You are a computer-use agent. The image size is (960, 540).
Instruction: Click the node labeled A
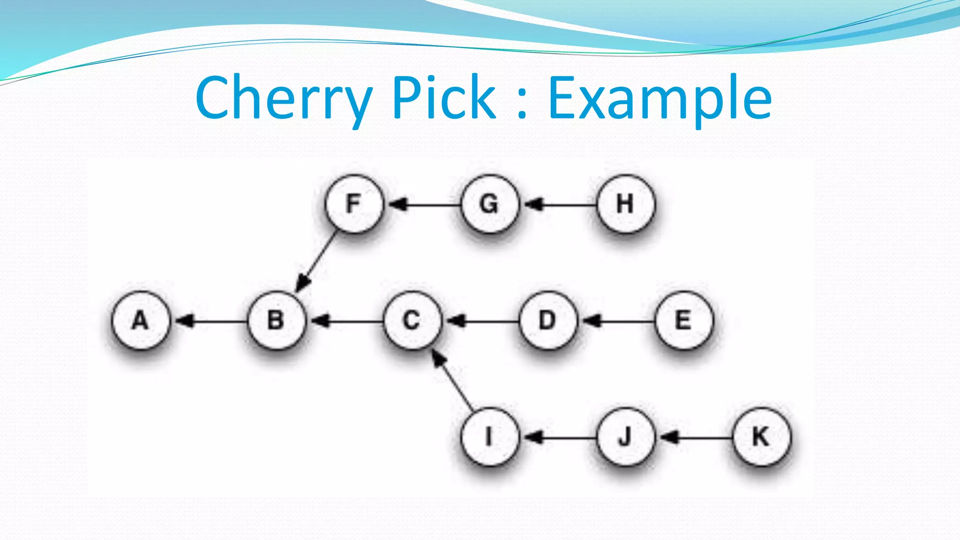pyautogui.click(x=140, y=321)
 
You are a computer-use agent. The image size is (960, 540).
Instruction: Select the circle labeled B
pyautogui.click(x=276, y=321)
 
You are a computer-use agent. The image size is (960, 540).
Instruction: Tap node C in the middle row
pyautogui.click(x=412, y=321)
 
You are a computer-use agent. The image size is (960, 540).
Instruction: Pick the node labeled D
pyautogui.click(x=547, y=321)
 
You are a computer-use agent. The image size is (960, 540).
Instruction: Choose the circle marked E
pyautogui.click(x=683, y=321)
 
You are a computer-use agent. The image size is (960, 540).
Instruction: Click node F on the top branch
pyautogui.click(x=354, y=204)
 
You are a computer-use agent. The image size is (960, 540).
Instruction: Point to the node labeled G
pyautogui.click(x=490, y=204)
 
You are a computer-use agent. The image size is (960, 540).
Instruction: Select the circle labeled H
pyautogui.click(x=625, y=204)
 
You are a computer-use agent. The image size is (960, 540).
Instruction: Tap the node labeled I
pyautogui.click(x=490, y=437)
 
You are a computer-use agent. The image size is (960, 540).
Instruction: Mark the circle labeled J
pyautogui.click(x=625, y=437)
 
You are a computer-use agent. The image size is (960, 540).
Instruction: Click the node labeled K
pyautogui.click(x=761, y=437)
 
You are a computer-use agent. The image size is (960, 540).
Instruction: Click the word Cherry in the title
pyautogui.click(x=284, y=98)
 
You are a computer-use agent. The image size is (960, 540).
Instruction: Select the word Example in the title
pyautogui.click(x=660, y=98)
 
